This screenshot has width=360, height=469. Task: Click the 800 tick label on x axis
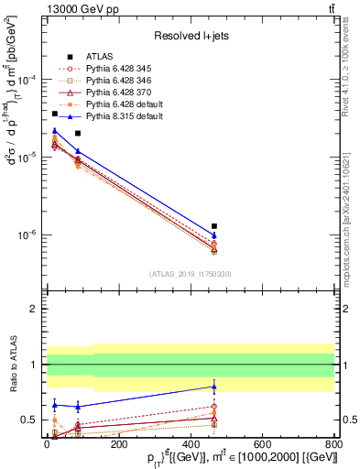[x=334, y=445]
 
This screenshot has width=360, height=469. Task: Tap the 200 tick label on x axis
[x=118, y=445]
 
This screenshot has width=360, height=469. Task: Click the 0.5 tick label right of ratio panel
[x=348, y=420]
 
